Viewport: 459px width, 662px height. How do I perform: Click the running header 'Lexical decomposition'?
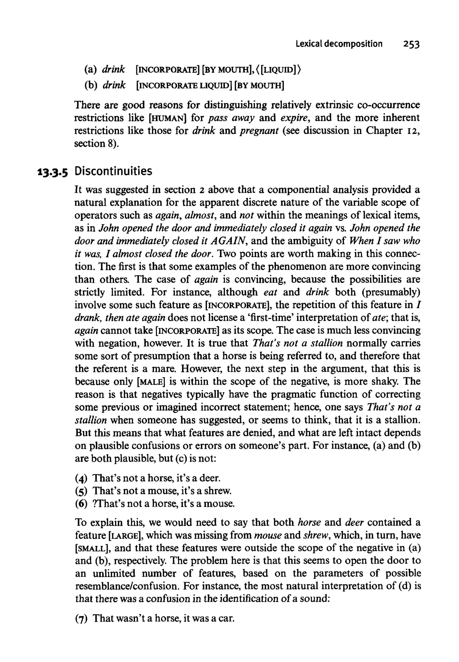(339, 44)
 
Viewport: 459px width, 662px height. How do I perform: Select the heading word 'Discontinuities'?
(113, 171)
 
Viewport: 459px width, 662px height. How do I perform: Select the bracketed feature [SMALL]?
(91, 548)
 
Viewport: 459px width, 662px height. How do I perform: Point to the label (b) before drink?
(91, 85)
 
